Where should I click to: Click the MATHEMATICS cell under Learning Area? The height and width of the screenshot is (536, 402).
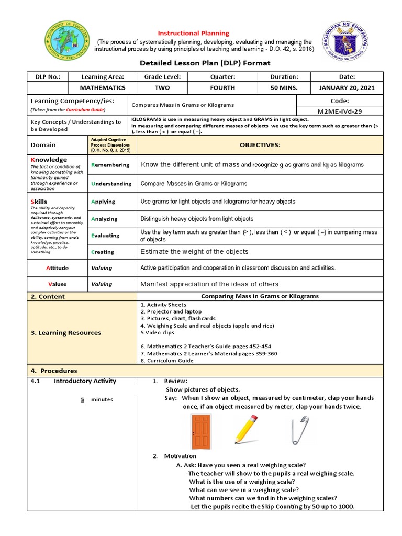tap(102, 87)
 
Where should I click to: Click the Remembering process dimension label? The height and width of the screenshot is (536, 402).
tap(110, 165)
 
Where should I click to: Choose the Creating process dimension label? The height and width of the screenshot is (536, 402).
tap(104, 252)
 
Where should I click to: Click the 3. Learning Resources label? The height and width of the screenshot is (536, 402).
tap(66, 332)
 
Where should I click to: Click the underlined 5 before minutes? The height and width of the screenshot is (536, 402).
tap(82, 399)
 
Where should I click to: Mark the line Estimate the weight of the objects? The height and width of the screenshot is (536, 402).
tap(194, 252)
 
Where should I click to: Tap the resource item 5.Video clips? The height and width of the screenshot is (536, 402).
tap(158, 332)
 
